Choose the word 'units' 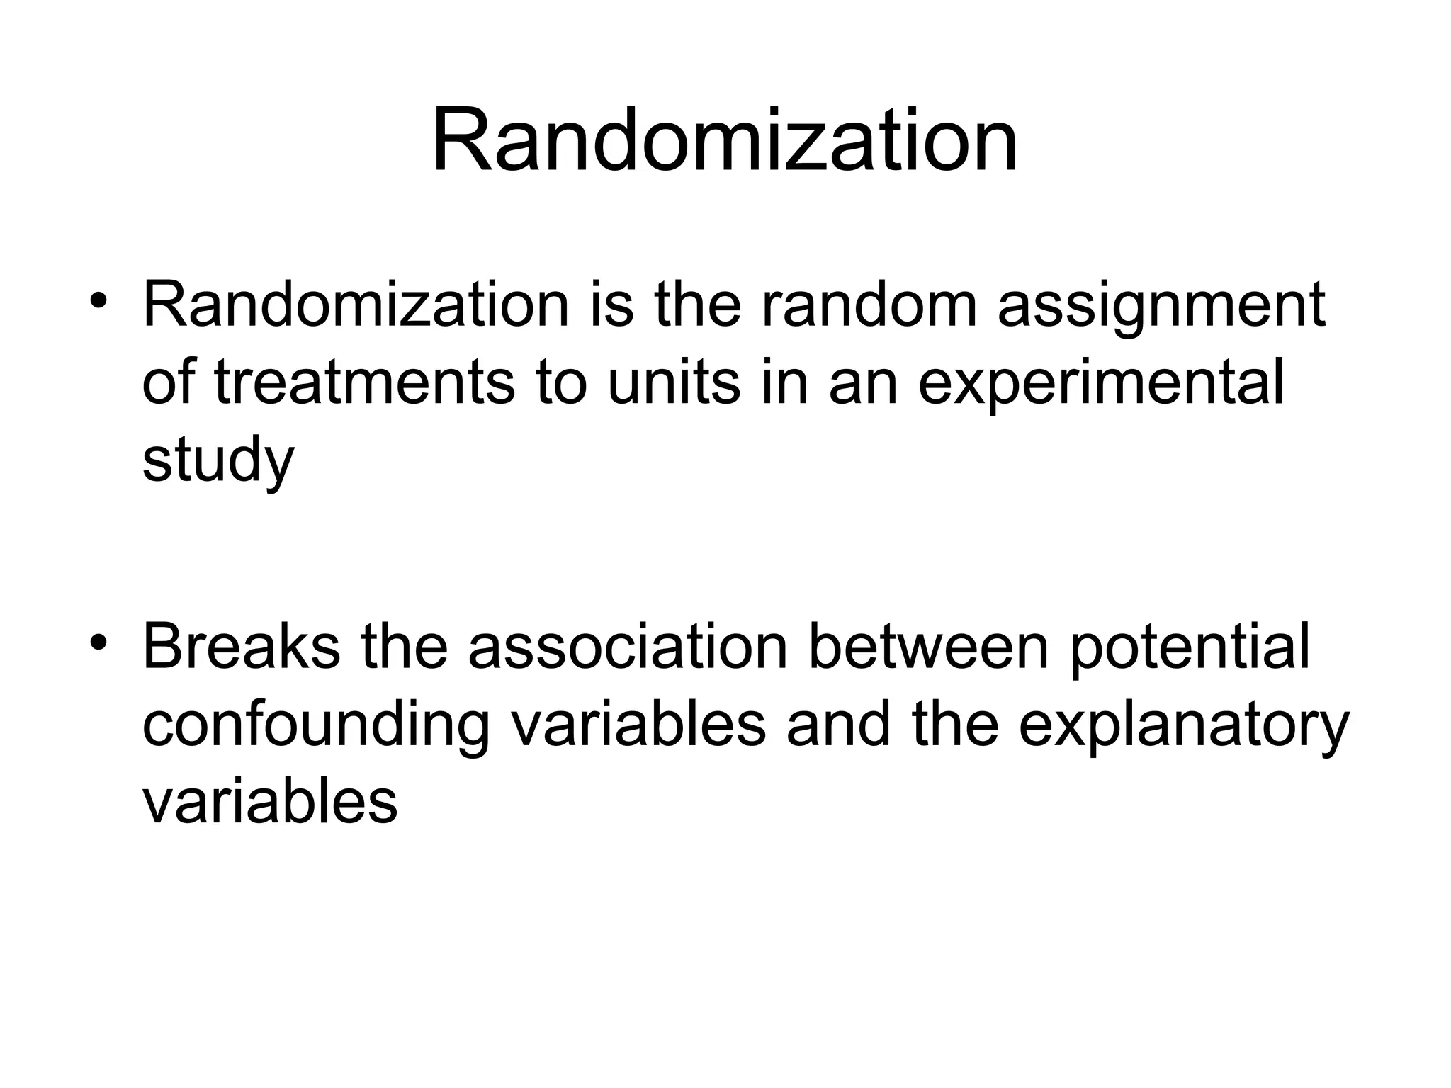coord(673,383)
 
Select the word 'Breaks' coord(241,647)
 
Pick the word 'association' coord(628,647)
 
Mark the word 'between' coord(928,647)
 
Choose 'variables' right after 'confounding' coord(638,724)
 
